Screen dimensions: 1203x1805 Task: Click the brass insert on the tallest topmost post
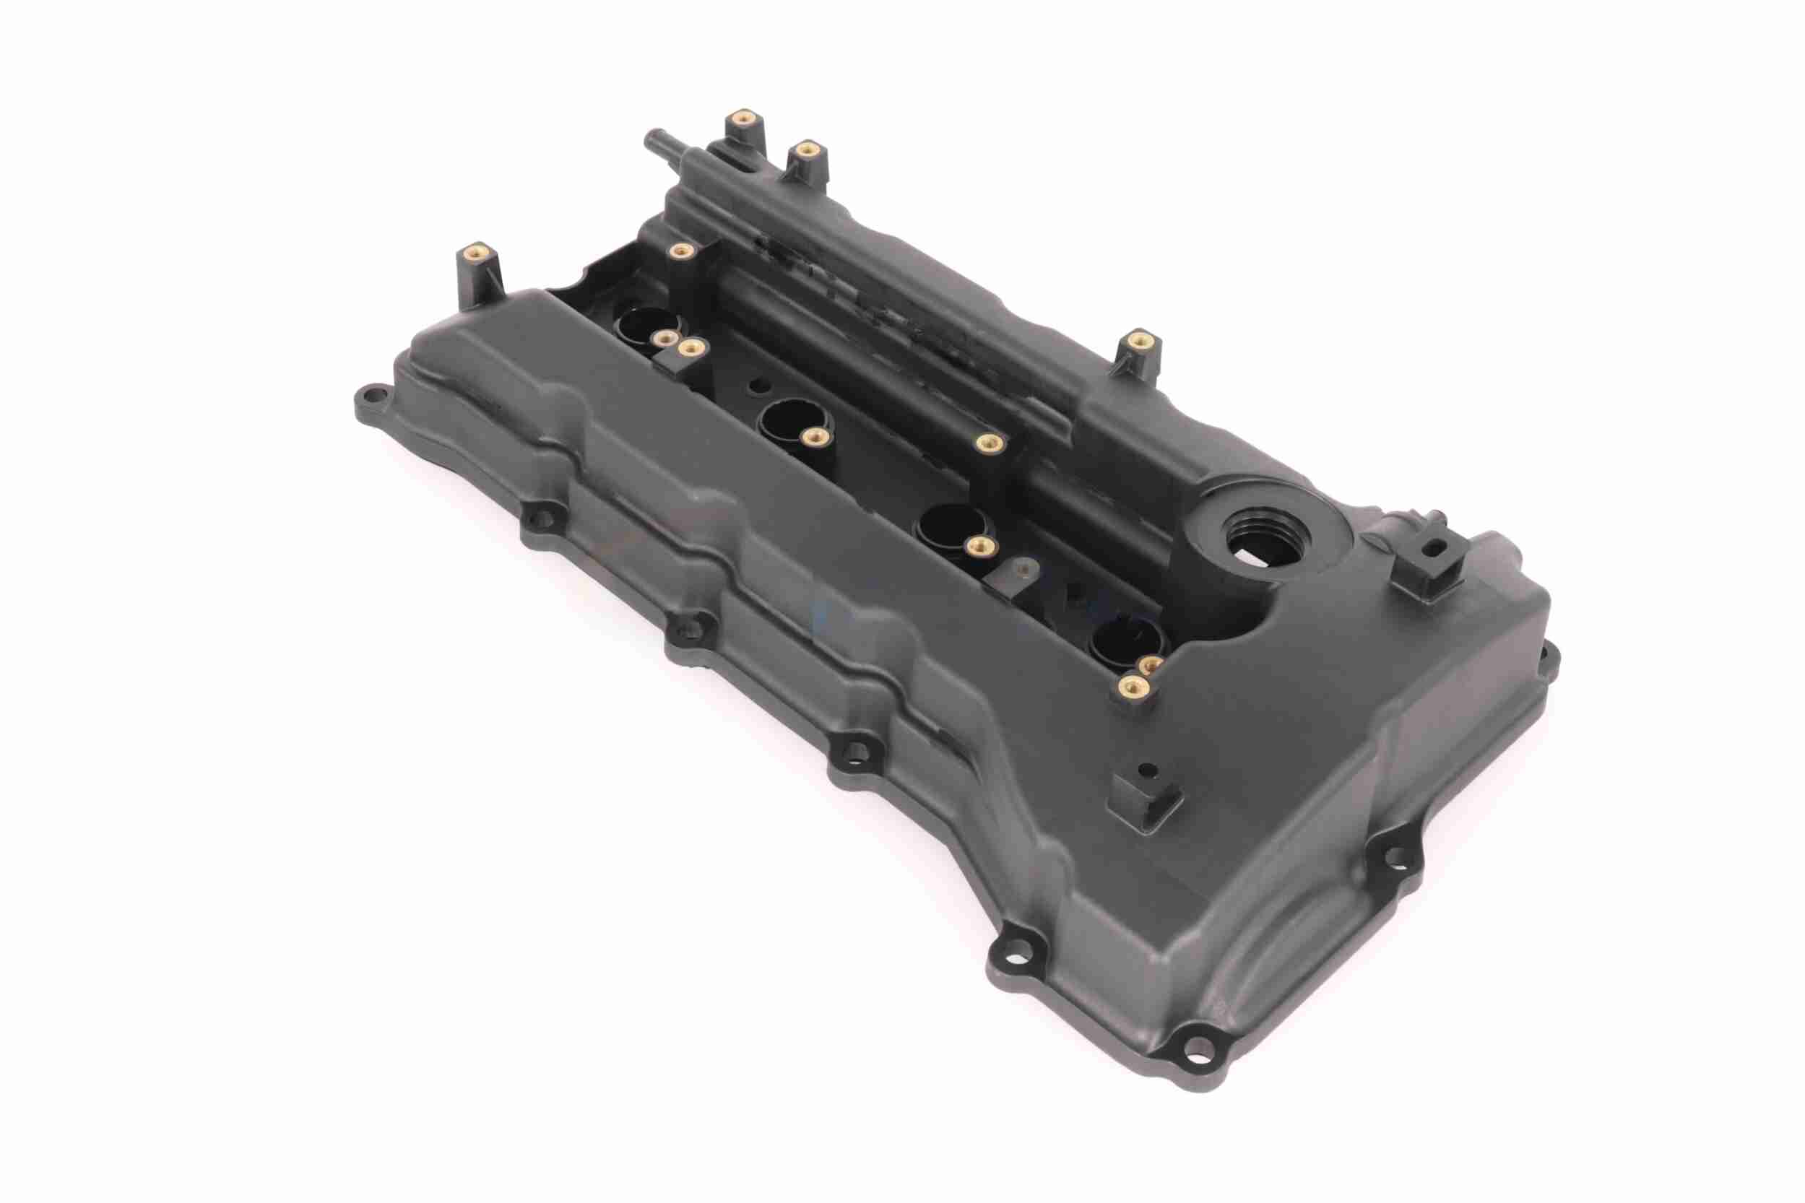(742, 118)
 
